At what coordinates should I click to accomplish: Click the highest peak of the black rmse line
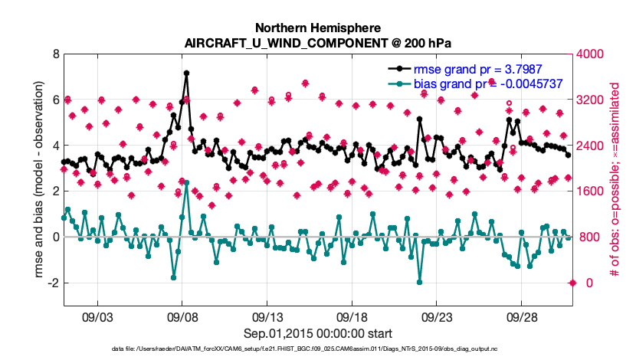coord(187,74)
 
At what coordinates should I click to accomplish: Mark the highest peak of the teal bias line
coord(187,182)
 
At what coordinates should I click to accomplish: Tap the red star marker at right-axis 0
coord(572,283)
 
